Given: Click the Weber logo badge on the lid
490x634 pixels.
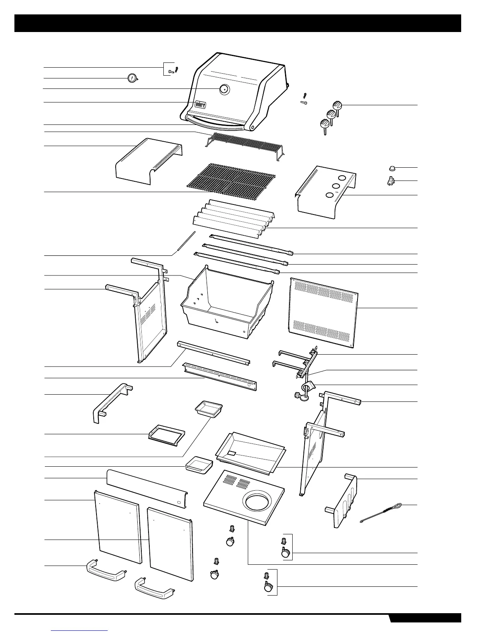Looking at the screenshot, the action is [200, 104].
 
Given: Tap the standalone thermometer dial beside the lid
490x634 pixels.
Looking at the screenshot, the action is [131, 78].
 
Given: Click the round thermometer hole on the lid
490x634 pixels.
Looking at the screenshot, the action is [224, 90].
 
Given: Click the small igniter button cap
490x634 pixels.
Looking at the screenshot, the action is [392, 168].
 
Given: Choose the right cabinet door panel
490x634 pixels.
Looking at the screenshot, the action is [171, 543].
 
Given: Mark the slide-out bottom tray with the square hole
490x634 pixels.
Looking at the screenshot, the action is [250, 451].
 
